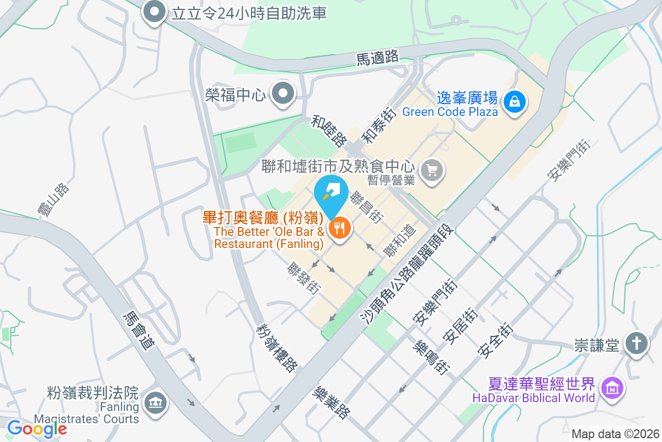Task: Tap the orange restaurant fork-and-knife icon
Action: (x=339, y=228)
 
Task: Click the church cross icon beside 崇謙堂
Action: (x=637, y=344)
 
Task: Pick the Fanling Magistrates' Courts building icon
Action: (x=155, y=403)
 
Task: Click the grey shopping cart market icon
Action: (x=432, y=170)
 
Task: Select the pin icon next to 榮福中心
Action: (x=284, y=94)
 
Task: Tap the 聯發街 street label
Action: (x=304, y=277)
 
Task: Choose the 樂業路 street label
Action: (x=331, y=403)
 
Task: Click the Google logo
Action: (x=37, y=428)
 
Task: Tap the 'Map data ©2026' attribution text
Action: (x=615, y=434)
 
